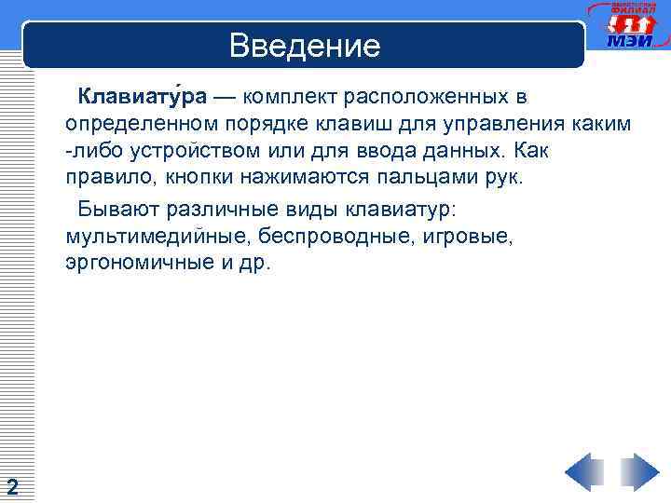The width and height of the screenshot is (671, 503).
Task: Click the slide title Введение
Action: click(x=305, y=46)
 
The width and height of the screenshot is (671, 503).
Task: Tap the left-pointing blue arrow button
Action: click(x=584, y=472)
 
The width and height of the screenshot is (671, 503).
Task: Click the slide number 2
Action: click(x=12, y=485)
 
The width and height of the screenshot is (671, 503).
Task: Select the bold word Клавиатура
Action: click(x=143, y=97)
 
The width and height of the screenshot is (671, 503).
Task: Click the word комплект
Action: click(x=290, y=97)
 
